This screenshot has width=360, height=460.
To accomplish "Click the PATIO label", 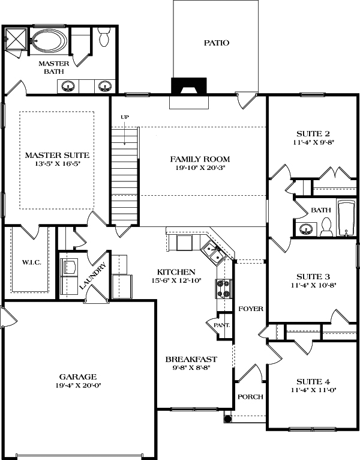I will point(217,43).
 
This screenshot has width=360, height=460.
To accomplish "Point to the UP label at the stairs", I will point(125,117).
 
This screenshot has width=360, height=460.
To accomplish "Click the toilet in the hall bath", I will point(327,226).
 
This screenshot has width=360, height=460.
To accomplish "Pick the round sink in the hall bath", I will point(307,229).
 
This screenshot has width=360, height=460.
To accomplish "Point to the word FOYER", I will point(251,309).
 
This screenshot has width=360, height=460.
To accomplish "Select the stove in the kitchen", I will point(223,289).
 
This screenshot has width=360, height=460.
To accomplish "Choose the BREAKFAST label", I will point(191,360).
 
